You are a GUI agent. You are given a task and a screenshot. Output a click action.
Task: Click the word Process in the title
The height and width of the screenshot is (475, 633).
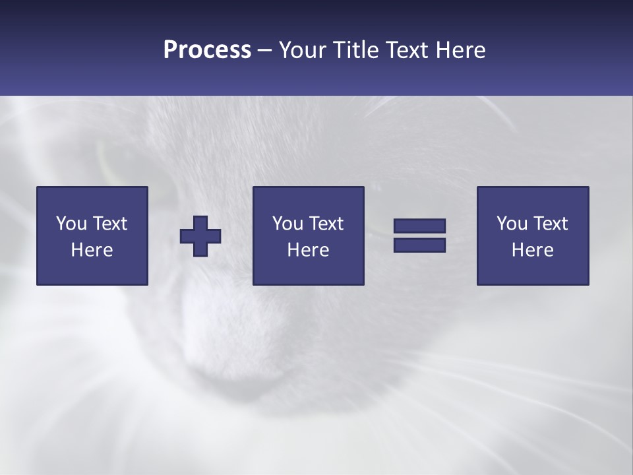click(207, 50)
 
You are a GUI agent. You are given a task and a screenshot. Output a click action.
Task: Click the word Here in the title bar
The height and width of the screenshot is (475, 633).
click(461, 50)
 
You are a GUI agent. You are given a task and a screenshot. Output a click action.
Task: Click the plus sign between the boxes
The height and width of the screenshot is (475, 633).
click(200, 236)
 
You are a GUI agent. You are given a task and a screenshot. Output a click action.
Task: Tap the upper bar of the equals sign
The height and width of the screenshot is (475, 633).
click(419, 226)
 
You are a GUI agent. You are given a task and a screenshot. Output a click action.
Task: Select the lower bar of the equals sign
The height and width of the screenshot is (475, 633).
click(419, 245)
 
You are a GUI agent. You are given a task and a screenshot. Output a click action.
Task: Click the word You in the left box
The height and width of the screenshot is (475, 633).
click(71, 224)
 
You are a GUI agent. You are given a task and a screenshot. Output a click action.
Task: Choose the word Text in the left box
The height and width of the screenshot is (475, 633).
click(109, 224)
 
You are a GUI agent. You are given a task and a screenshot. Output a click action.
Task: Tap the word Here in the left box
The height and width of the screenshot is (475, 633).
click(92, 250)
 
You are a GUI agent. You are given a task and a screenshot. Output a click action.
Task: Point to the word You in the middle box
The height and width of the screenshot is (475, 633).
click(287, 224)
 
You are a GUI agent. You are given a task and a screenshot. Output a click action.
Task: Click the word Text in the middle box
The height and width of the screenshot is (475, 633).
click(325, 224)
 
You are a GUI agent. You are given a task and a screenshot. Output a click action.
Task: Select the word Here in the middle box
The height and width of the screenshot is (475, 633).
click(308, 250)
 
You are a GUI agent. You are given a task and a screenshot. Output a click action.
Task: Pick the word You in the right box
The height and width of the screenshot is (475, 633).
click(512, 224)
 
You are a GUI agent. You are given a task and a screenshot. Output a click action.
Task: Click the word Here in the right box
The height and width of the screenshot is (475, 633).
click(532, 250)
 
